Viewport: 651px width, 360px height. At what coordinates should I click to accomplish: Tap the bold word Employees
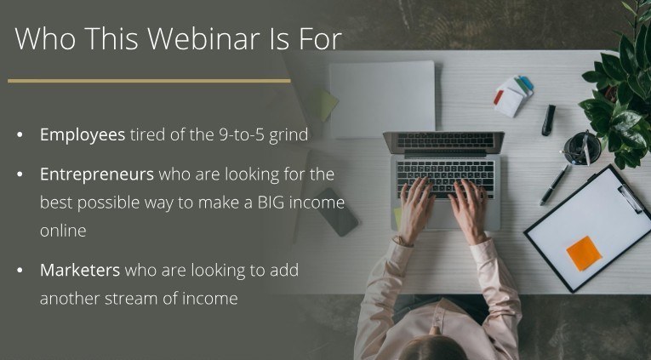(83, 135)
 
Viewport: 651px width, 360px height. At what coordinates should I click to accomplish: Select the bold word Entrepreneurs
(97, 174)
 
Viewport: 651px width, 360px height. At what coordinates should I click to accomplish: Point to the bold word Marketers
(80, 271)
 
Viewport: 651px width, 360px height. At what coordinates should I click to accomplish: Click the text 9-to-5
(242, 135)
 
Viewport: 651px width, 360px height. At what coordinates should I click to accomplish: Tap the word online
(63, 231)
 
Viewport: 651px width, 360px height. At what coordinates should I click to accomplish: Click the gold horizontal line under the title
(149, 81)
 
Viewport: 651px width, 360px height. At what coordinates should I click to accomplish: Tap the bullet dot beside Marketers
(20, 271)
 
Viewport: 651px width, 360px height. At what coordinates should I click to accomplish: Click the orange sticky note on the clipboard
(584, 254)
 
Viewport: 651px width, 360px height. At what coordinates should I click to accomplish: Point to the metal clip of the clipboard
(631, 198)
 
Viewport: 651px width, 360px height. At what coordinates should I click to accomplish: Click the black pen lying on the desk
(554, 185)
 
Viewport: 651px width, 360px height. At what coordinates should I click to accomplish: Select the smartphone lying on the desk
(335, 212)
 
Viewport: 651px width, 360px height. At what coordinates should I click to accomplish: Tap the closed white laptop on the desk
(382, 100)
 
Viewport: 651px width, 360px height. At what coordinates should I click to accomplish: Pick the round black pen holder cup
(582, 148)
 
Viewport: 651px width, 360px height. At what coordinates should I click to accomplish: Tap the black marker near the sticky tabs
(548, 120)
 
